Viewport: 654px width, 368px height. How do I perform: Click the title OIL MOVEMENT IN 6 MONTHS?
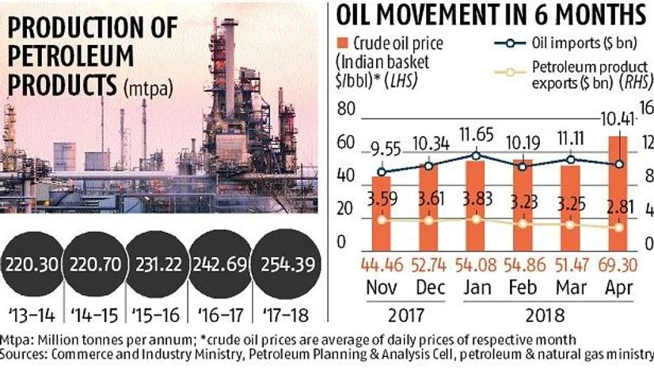[491, 16]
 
